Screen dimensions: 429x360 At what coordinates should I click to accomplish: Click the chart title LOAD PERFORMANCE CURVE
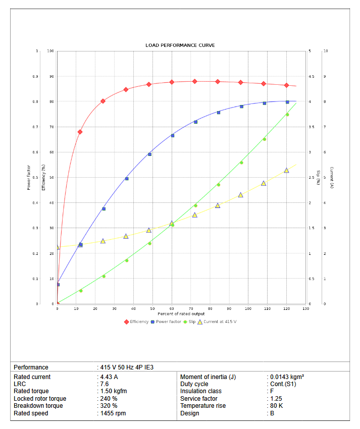click(x=180, y=45)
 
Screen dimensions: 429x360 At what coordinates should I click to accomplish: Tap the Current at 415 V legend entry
click(x=217, y=321)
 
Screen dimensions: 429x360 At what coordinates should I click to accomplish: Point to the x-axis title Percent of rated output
click(x=180, y=314)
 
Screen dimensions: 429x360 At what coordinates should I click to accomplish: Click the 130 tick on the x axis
click(x=305, y=308)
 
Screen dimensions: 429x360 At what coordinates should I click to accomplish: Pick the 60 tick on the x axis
click(x=172, y=308)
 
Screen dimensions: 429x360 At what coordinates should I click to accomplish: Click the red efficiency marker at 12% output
click(x=80, y=132)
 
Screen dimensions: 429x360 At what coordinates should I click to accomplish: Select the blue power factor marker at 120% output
click(x=287, y=102)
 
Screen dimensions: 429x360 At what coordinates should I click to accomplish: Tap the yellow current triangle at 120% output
click(x=286, y=171)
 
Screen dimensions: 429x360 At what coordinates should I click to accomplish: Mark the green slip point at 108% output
click(x=264, y=139)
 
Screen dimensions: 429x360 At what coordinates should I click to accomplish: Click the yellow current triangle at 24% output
click(x=103, y=241)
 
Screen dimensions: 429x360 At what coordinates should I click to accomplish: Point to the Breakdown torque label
click(x=38, y=406)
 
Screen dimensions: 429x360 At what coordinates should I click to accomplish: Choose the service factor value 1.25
click(x=276, y=399)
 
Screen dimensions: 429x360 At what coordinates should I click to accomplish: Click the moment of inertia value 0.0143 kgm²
click(x=287, y=377)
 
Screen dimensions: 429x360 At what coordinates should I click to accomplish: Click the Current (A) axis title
click(x=332, y=177)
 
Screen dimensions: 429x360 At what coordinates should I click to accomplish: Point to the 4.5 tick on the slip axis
click(x=311, y=77)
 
